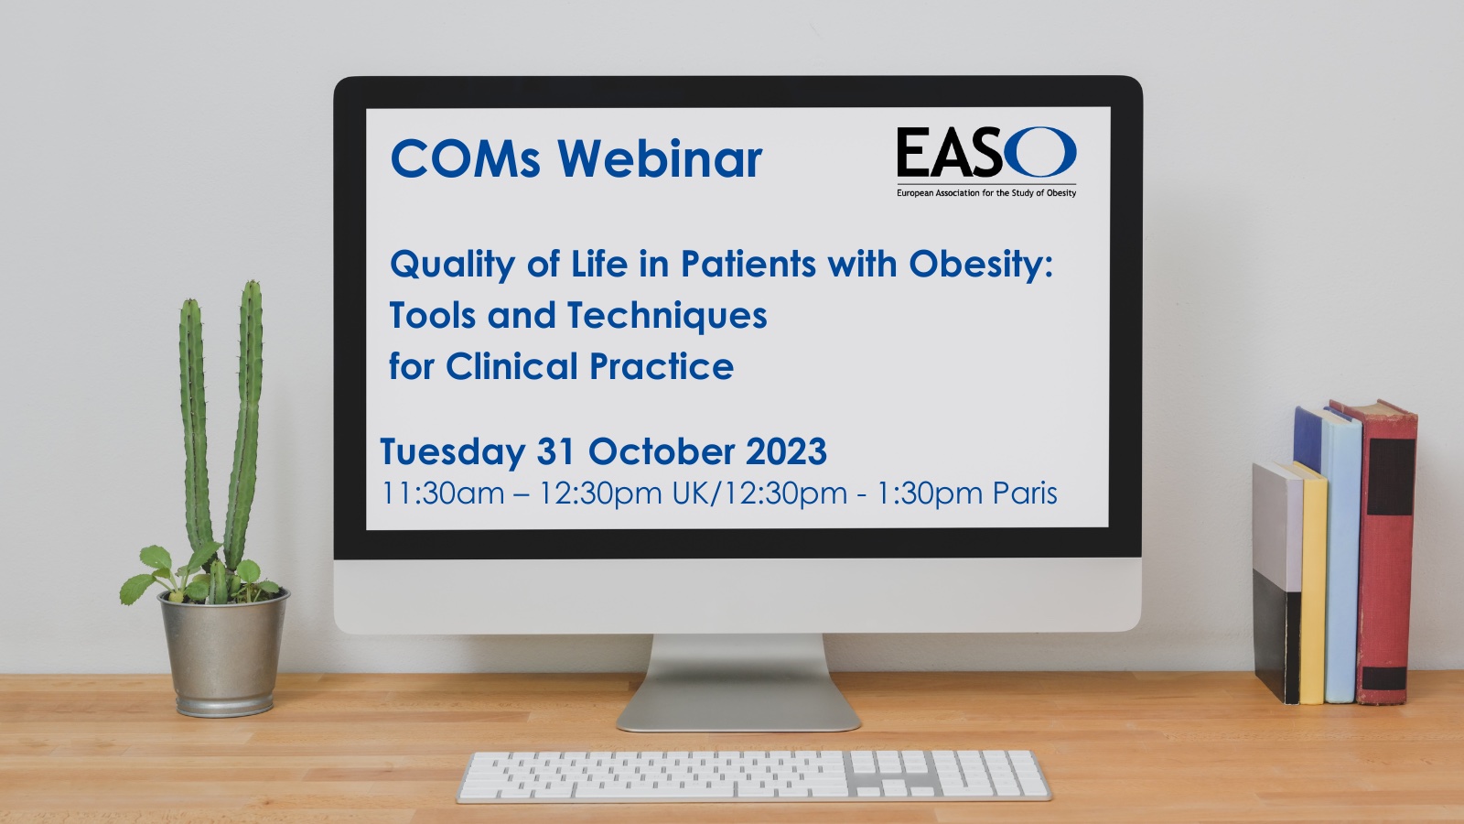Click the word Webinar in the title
coord(660,159)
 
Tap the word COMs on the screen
coord(465,159)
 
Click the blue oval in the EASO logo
coord(1039,152)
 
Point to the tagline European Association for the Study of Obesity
coord(986,193)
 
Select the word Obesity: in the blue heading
coord(981,265)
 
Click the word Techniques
coord(667,315)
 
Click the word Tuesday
coord(452,452)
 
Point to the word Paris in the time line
coord(1025,493)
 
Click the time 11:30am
coord(443,493)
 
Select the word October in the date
coord(662,451)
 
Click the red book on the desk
coord(1385,553)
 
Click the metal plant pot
coord(223,653)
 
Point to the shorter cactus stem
coord(193,425)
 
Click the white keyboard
coord(754,776)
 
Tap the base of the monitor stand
coord(737,706)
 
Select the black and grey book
coord(1276,582)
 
